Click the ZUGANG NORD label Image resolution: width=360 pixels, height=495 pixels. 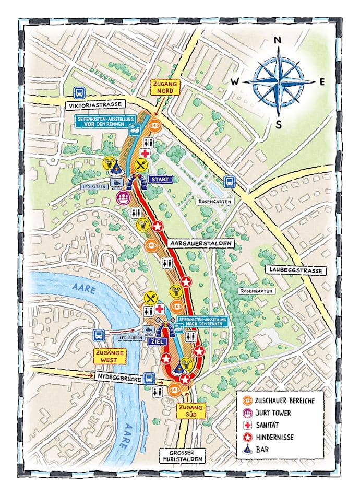point(165,87)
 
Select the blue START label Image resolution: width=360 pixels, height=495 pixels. point(160,180)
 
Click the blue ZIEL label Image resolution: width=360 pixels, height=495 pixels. point(159,341)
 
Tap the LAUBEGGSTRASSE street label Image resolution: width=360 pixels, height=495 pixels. point(295,270)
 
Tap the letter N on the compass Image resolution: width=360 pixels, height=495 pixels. point(278,40)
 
